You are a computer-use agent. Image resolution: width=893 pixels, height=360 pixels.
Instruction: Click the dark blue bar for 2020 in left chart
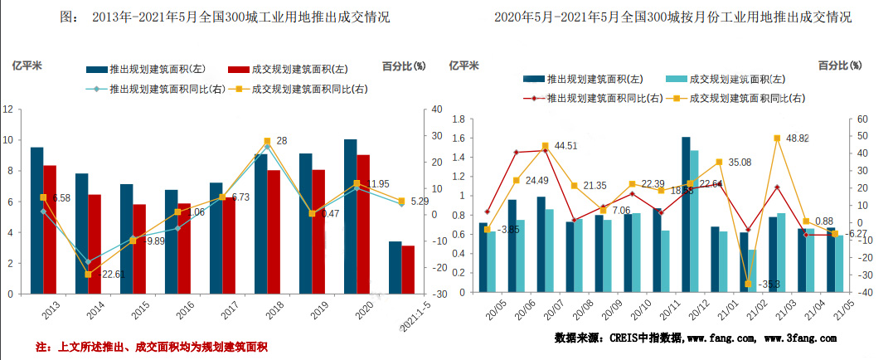[x=350, y=216]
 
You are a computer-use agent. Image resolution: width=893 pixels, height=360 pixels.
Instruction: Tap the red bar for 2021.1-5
[x=408, y=270]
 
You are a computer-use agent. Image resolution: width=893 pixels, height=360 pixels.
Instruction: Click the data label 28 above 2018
[x=281, y=141]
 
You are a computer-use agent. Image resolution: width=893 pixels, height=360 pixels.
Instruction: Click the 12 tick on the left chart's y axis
[x=7, y=109]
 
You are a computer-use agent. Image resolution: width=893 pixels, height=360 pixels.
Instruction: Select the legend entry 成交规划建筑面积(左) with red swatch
[x=288, y=70]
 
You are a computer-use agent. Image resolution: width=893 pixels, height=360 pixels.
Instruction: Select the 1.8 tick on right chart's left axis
[x=455, y=119]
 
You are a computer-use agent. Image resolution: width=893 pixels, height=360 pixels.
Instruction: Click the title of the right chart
[x=672, y=17]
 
